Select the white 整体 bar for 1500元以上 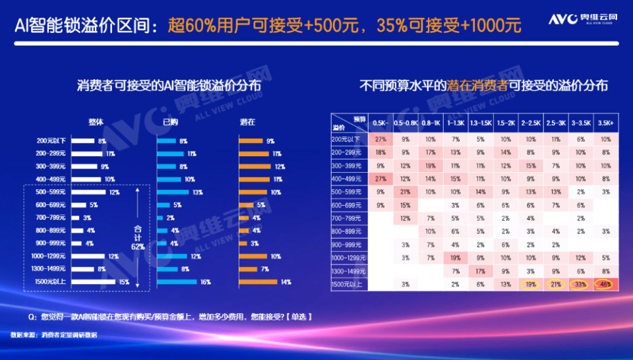[x=93, y=282]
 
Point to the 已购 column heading [x=170, y=122]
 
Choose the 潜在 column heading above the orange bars [x=247, y=122]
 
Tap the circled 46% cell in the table [x=604, y=284]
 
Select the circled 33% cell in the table [x=580, y=284]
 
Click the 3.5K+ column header [x=604, y=123]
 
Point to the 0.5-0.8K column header [x=406, y=123]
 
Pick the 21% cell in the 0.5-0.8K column [x=406, y=192]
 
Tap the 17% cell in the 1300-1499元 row [x=480, y=271]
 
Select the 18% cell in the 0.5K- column [x=380, y=152]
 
